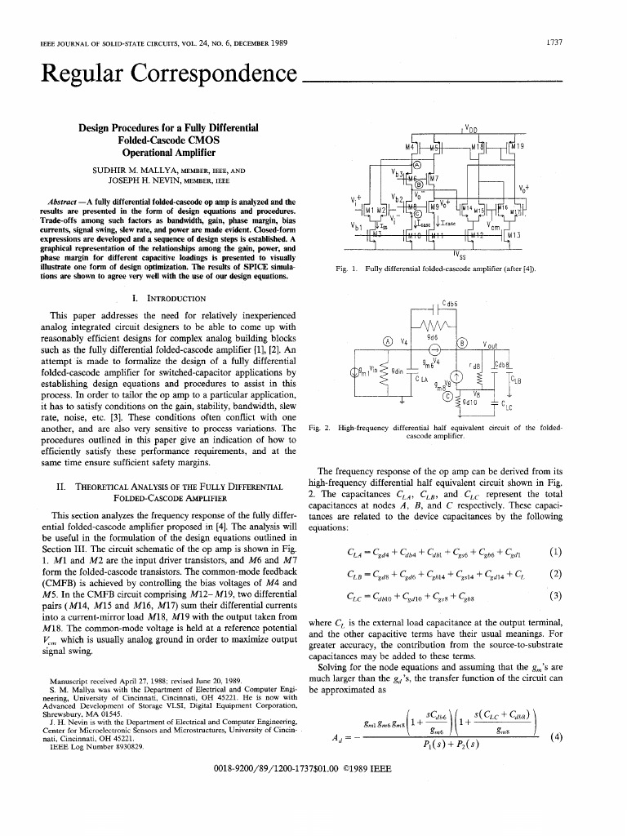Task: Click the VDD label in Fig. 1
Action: click(x=471, y=129)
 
